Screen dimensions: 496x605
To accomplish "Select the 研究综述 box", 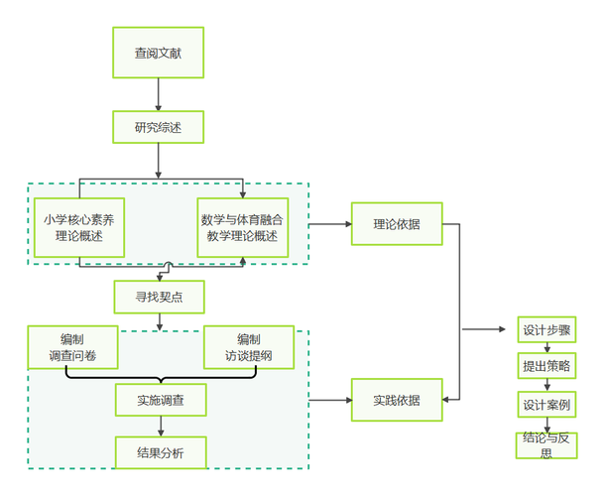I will [159, 128].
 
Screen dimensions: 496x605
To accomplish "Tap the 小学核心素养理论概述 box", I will [79, 227].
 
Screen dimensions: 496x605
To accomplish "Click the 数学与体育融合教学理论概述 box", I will [242, 227].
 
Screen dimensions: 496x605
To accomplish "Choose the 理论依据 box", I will [396, 224].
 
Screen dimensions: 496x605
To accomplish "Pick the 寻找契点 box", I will [159, 296].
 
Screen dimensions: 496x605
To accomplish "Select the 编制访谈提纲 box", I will [249, 347].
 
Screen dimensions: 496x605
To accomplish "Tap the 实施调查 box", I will [160, 400].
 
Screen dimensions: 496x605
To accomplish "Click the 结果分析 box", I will [160, 453].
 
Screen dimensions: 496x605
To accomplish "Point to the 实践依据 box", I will [396, 400].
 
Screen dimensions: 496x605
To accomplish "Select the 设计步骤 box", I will [545, 329].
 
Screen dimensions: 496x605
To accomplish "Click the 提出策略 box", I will [545, 366].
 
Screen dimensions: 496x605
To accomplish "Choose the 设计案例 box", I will [545, 404].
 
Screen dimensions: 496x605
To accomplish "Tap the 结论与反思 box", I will [545, 445].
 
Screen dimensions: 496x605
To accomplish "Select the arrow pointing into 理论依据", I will [329, 224].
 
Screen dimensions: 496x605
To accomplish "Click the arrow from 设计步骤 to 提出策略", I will [545, 347].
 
